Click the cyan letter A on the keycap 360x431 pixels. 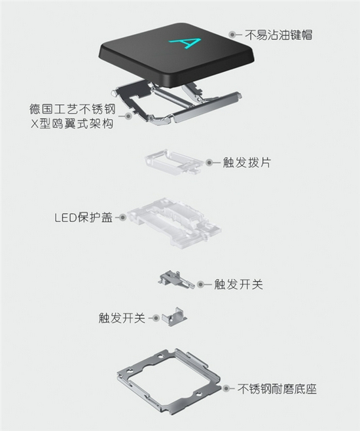(185, 44)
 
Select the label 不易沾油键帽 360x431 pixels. (278, 35)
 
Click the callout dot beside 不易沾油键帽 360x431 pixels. (232, 35)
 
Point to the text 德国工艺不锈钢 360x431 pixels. (73, 109)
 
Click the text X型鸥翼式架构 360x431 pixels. (72, 124)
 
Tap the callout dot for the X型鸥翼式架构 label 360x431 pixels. (128, 116)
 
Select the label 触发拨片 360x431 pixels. (247, 162)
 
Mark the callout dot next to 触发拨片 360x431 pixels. (209, 162)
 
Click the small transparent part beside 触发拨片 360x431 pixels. (173, 162)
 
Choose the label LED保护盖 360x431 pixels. (84, 217)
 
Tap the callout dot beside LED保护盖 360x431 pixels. (122, 217)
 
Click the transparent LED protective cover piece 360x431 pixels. (174, 221)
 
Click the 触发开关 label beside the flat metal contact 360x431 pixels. (238, 284)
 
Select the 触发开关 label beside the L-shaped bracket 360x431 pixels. (122, 318)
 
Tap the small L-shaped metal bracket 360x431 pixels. (174, 317)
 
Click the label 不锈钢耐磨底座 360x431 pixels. (277, 388)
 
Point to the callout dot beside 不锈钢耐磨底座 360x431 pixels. (226, 388)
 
